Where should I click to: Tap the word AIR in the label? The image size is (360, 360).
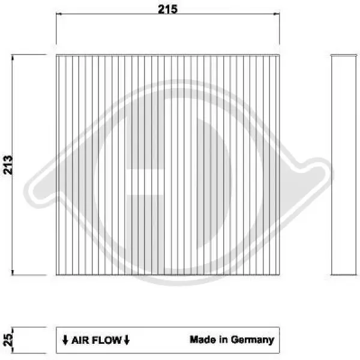coord(81,340)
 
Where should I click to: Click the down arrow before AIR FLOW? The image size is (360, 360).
coord(65,340)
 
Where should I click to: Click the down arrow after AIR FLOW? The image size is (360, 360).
coord(127,340)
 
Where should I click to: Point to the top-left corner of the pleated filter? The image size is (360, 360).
coord(56,55)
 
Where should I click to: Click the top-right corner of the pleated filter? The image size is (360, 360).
coord(279,55)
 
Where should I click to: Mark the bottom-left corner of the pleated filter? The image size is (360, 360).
coord(56,275)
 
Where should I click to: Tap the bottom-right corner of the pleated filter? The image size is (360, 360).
coord(279,275)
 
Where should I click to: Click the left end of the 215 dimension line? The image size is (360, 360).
coord(56,17)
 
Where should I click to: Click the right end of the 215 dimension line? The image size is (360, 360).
coord(279,17)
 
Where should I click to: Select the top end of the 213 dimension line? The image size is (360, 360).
coord(13,55)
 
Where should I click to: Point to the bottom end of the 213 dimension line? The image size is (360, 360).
coord(13,275)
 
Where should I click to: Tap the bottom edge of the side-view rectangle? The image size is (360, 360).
coord(344,275)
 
